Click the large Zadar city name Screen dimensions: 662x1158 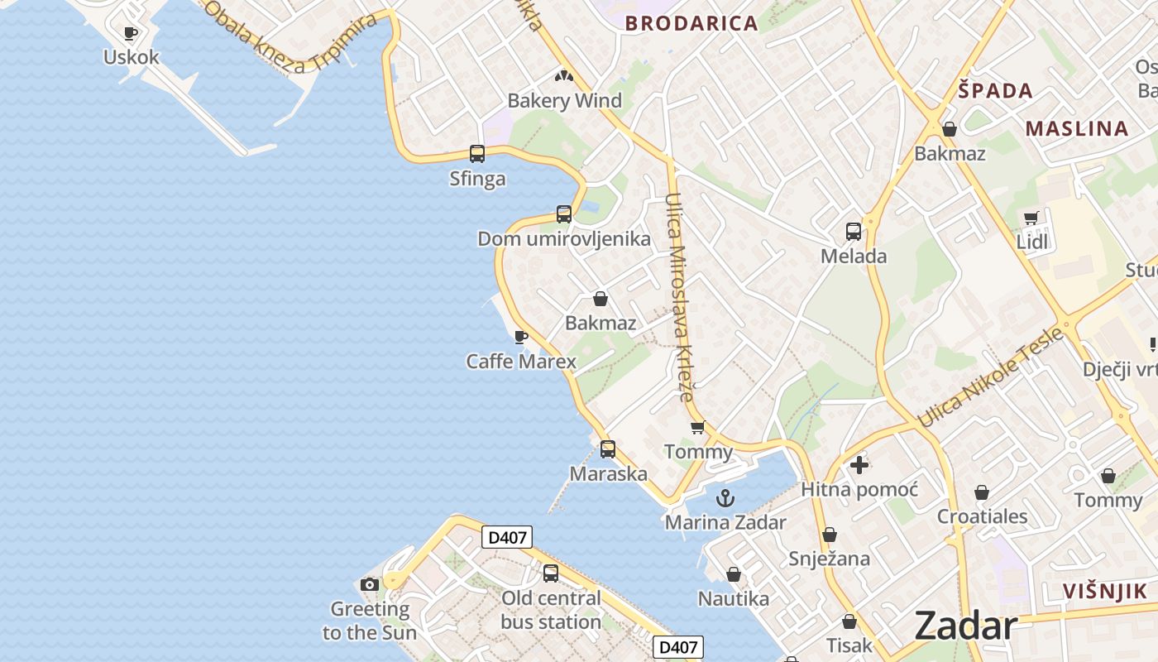[x=965, y=626]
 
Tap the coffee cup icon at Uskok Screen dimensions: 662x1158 [x=130, y=33]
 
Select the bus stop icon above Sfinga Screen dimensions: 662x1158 [x=477, y=153]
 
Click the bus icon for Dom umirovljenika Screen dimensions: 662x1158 [x=564, y=213]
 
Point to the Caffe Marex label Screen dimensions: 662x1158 [x=521, y=362]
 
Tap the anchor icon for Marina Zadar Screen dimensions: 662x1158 [x=725, y=498]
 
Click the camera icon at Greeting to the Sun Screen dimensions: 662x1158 [x=370, y=585]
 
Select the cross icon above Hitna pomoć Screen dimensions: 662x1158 [x=859, y=465]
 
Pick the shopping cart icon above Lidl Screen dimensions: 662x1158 [x=1031, y=218]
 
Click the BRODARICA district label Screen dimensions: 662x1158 [x=691, y=23]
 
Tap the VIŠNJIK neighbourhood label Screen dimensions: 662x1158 [x=1105, y=591]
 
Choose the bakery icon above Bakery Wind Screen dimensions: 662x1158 [x=564, y=77]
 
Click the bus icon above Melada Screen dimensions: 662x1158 [x=854, y=232]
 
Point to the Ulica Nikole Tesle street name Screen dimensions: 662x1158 [x=990, y=378]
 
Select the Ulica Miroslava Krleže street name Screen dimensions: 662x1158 [x=679, y=296]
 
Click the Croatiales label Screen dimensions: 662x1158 [x=982, y=516]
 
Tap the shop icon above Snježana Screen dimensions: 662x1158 [x=830, y=535]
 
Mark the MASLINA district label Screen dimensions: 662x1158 [x=1077, y=128]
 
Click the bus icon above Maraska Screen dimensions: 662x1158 [x=608, y=449]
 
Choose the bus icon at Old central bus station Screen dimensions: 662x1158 [x=551, y=573]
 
